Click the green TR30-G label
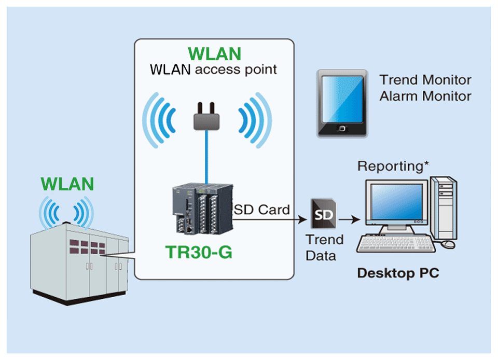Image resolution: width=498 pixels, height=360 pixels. tap(198, 252)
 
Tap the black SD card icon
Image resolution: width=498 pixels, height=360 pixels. tap(323, 214)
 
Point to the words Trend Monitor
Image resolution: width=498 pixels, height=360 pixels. tap(425, 80)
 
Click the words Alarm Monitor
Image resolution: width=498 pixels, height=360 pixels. tap(425, 96)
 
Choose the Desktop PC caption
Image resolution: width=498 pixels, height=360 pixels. tap(398, 273)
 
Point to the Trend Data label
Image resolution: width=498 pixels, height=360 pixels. tap(324, 247)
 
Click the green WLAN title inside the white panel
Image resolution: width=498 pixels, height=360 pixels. tap(215, 54)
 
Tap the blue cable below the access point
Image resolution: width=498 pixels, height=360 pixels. tap(208, 156)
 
